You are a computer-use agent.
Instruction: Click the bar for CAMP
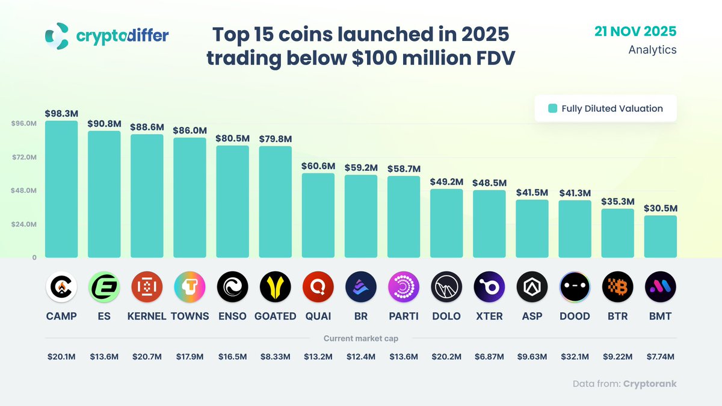pyautogui.click(x=61, y=189)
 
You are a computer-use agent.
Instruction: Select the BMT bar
pyautogui.click(x=660, y=236)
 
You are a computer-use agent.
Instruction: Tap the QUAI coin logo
pyautogui.click(x=318, y=287)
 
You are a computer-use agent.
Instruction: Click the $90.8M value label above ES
pyautogui.click(x=104, y=123)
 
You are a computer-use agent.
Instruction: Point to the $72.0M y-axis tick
pyautogui.click(x=24, y=157)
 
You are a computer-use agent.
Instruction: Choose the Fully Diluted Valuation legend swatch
pyautogui.click(x=552, y=109)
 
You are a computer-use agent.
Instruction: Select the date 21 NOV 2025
pyautogui.click(x=635, y=31)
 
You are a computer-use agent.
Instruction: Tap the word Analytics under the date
pyautogui.click(x=652, y=50)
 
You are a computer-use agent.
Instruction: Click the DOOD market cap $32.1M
pyautogui.click(x=575, y=357)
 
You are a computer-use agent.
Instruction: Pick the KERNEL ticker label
pyautogui.click(x=147, y=316)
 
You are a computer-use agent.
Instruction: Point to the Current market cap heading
pyautogui.click(x=361, y=339)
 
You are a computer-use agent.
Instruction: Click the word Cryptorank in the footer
pyautogui.click(x=650, y=384)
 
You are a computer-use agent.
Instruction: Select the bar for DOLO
pyautogui.click(x=446, y=223)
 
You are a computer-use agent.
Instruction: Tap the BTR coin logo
pyautogui.click(x=617, y=287)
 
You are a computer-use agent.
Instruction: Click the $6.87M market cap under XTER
pyautogui.click(x=489, y=357)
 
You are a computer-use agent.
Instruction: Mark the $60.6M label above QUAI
pyautogui.click(x=318, y=166)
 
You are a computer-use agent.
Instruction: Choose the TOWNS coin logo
pyautogui.click(x=190, y=287)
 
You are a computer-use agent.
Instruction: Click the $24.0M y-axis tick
pyautogui.click(x=24, y=224)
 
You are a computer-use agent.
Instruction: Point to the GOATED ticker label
pyautogui.click(x=276, y=316)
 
